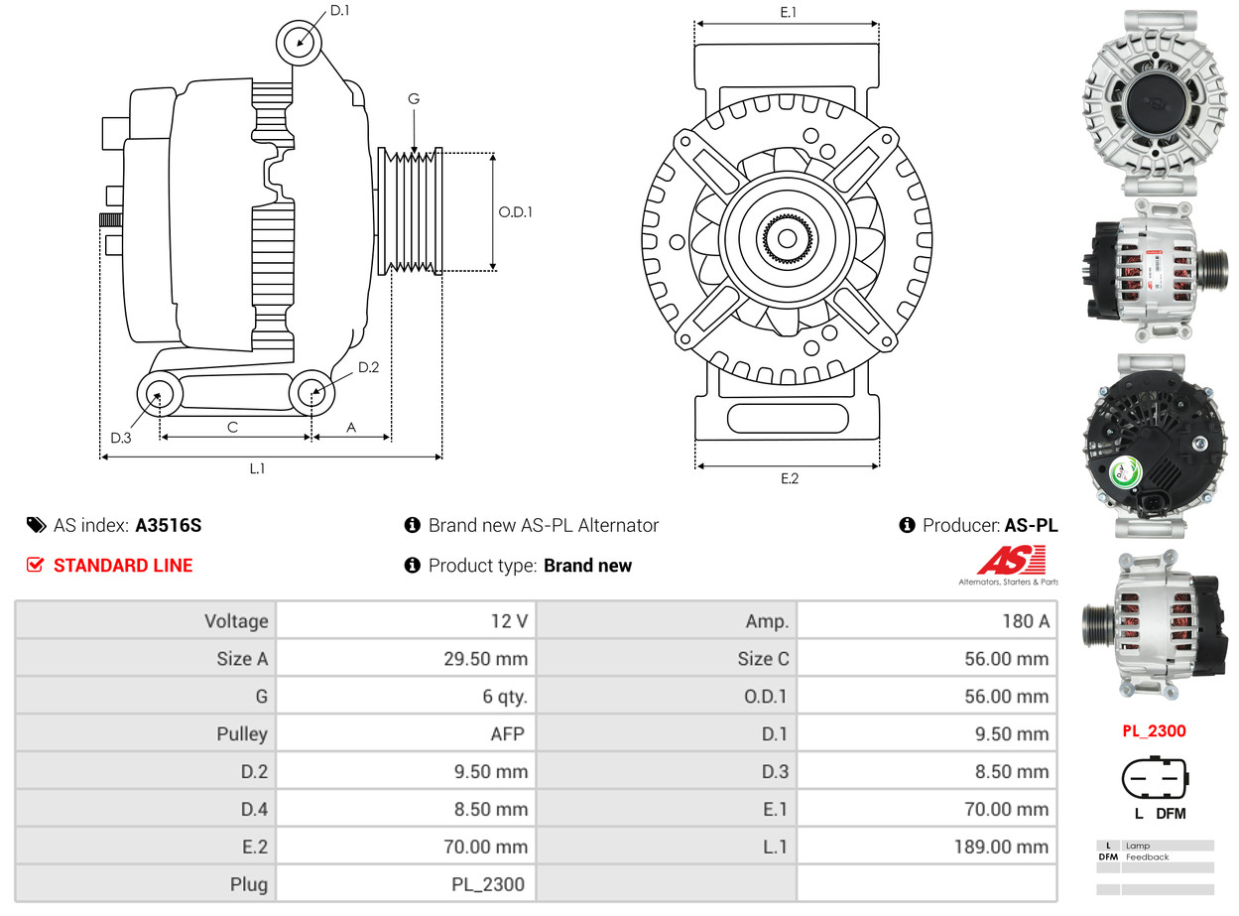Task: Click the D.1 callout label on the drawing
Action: tap(339, 11)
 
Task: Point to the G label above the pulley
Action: tap(414, 98)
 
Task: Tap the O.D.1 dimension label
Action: tap(516, 211)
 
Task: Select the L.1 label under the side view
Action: tap(257, 468)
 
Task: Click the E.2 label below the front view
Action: tap(789, 478)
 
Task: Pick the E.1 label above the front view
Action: tap(789, 12)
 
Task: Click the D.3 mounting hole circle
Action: tap(158, 396)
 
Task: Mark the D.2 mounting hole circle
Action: tap(312, 393)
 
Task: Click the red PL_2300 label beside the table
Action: tap(1154, 731)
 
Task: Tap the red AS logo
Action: tap(1010, 561)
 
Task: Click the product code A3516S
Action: tap(168, 525)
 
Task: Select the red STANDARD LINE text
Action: tap(123, 566)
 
